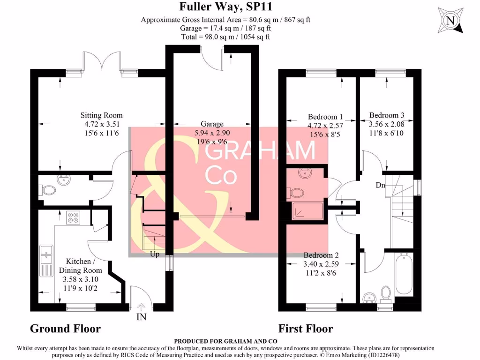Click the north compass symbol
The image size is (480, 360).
pyautogui.click(x=450, y=21)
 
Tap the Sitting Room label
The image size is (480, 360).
pyautogui.click(x=101, y=115)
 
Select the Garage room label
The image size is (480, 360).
pyautogui.click(x=212, y=124)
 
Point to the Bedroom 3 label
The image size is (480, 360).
pyautogui.click(x=386, y=115)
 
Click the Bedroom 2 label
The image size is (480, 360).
pyautogui.click(x=321, y=255)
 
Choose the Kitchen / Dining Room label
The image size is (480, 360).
pyautogui.click(x=80, y=266)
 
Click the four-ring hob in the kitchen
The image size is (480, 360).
pyautogui.click(x=73, y=217)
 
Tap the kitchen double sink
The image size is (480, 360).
pyautogui.click(x=46, y=255)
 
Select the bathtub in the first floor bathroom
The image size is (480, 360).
pyautogui.click(x=404, y=274)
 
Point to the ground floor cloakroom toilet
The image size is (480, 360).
pyautogui.click(x=47, y=190)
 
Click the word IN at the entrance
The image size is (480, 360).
pyautogui.click(x=141, y=317)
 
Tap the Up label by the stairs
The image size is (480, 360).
pyautogui.click(x=155, y=255)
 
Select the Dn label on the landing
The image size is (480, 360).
pyautogui.click(x=380, y=185)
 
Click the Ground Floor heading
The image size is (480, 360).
pyautogui.click(x=65, y=329)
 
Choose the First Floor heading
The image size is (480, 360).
pyautogui.click(x=306, y=329)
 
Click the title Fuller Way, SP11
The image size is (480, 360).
pyautogui.click(x=225, y=7)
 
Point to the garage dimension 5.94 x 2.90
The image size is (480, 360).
pyautogui.click(x=212, y=133)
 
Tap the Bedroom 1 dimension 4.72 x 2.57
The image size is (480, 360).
pyautogui.click(x=325, y=126)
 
